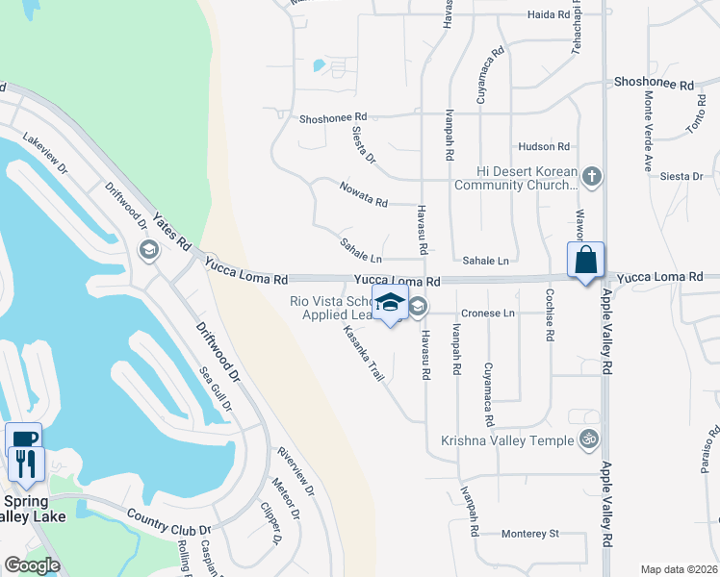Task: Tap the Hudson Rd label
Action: (544, 146)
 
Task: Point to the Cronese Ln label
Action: (489, 314)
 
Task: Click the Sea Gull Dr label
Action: (216, 388)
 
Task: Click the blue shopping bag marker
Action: (585, 261)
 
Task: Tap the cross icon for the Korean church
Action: (592, 177)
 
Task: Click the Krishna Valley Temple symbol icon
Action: (589, 440)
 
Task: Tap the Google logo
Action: (31, 564)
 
